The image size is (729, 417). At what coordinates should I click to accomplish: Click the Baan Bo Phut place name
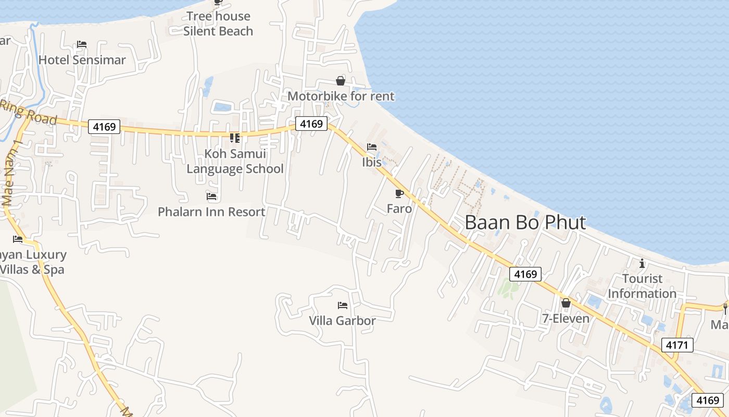[x=525, y=223]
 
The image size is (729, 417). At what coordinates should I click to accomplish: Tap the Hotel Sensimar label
[x=82, y=60]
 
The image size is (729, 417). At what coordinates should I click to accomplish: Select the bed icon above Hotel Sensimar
[x=82, y=44]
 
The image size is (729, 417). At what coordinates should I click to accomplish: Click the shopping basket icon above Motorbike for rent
[x=341, y=81]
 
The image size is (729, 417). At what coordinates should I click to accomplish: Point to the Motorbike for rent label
[x=341, y=96]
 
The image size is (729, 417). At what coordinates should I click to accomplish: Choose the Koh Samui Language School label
[x=235, y=161]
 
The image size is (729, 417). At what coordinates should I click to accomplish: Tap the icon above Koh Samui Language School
[x=235, y=138]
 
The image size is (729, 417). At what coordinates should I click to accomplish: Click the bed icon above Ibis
[x=372, y=147]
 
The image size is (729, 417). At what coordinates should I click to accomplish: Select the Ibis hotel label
[x=372, y=162]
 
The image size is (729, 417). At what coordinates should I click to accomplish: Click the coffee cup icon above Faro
[x=399, y=194]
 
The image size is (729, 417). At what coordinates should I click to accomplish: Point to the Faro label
[x=399, y=209]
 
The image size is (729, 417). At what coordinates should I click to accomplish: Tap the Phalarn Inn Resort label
[x=211, y=212]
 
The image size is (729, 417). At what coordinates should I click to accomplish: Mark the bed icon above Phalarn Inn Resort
[x=211, y=197]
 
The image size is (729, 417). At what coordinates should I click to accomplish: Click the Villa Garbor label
[x=342, y=321]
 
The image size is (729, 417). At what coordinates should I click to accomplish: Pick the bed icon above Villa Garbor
[x=342, y=305]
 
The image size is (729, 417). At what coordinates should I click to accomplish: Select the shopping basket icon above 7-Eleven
[x=566, y=303]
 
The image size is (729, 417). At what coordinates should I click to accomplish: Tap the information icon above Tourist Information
[x=642, y=263]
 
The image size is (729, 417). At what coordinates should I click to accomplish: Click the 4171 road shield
[x=677, y=345]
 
